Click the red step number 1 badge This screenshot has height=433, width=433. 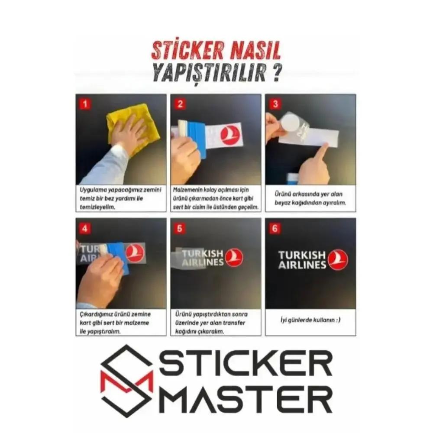[85, 104]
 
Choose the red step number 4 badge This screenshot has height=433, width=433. [85, 228]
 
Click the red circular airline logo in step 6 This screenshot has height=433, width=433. [338, 260]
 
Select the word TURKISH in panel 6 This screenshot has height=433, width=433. [301, 255]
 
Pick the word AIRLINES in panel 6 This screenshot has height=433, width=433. [301, 265]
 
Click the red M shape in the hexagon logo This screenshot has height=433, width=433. [126, 381]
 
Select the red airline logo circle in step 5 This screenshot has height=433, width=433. [234, 257]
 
